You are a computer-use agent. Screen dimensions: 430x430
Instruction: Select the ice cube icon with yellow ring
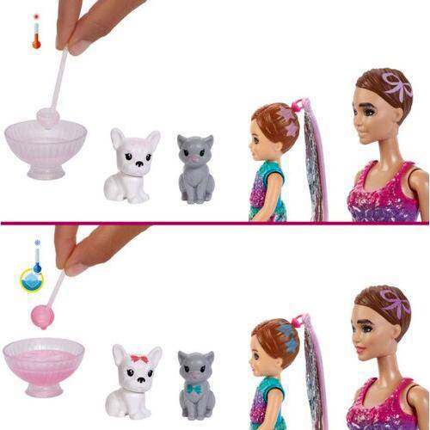(33, 279)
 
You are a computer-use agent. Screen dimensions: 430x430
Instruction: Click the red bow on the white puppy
(138, 357)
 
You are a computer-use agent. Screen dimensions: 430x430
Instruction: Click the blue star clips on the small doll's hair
(287, 337)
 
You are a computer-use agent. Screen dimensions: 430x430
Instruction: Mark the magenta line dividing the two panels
(215, 223)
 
